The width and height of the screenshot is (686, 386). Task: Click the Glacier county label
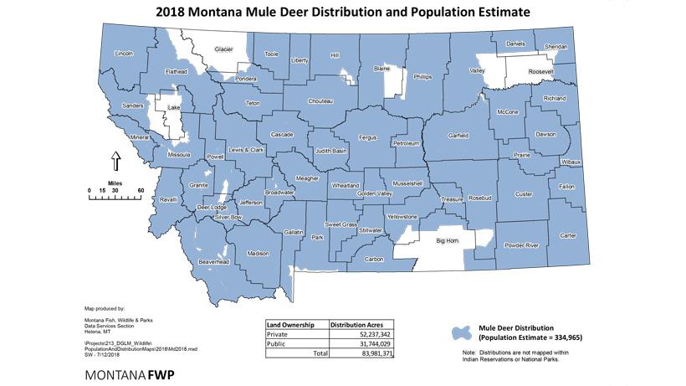pos(223,49)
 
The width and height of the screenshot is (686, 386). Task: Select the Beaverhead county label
pos(213,262)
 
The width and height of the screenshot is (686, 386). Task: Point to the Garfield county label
pos(458,136)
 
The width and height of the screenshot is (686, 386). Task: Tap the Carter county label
pos(568,235)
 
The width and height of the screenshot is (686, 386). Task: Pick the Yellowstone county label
pos(400,217)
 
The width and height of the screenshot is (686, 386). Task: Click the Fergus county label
pos(368,136)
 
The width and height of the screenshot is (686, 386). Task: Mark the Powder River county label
pos(520,245)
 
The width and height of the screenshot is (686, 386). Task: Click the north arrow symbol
pos(116,160)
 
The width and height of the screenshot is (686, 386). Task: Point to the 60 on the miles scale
pos(141,190)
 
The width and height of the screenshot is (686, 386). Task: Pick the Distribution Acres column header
pos(360,322)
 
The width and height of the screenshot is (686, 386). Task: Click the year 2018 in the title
pos(171,12)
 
